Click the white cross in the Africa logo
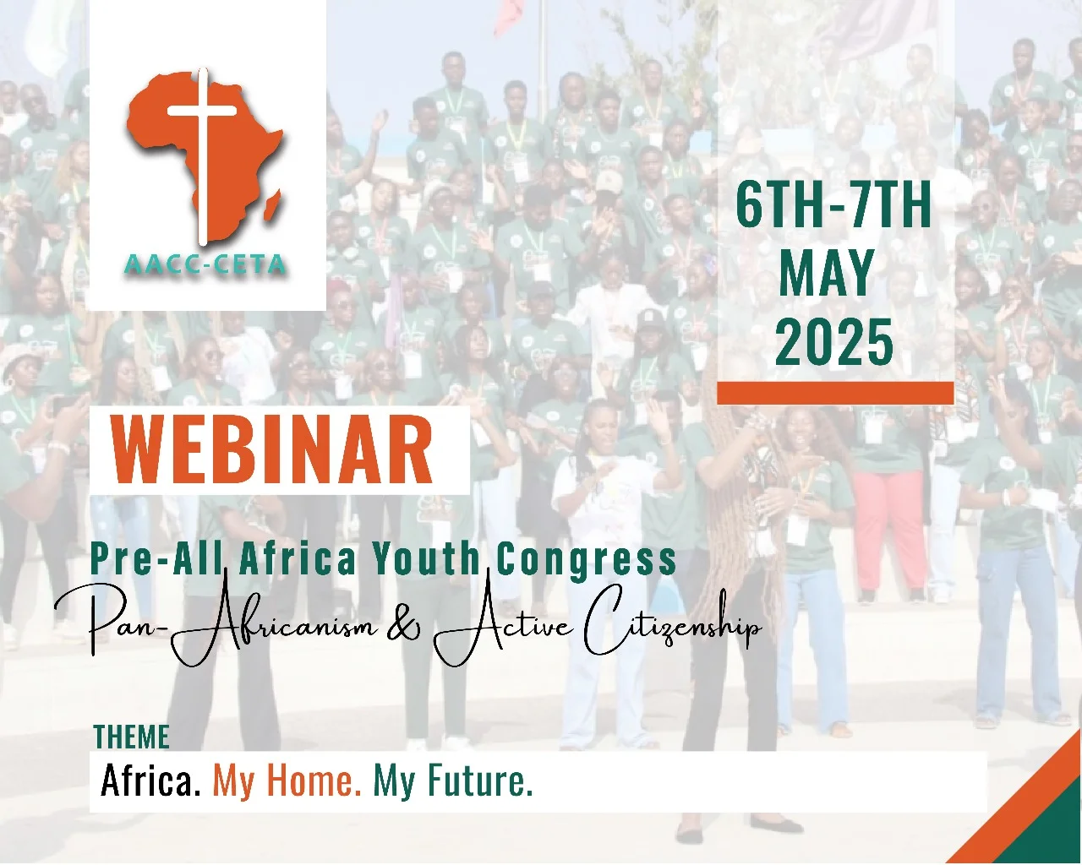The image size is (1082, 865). point(202,151)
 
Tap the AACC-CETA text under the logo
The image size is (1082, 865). point(205,264)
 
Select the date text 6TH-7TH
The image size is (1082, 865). point(833,206)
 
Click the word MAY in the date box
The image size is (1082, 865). point(827,275)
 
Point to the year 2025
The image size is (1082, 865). point(834,342)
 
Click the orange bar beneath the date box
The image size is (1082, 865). point(835,393)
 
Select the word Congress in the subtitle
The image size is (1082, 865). point(587,561)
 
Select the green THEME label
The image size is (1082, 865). point(131,737)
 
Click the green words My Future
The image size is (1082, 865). point(453,783)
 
